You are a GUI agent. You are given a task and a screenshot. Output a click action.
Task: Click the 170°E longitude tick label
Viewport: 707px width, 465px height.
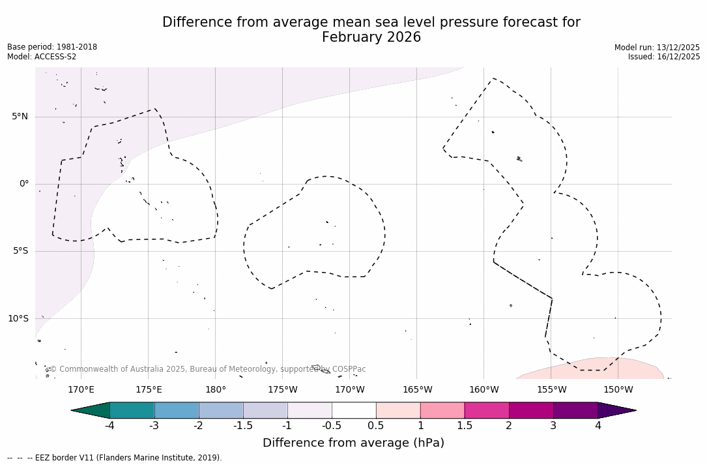tap(81, 390)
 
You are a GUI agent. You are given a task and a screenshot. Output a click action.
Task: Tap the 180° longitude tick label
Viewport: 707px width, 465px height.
tap(216, 390)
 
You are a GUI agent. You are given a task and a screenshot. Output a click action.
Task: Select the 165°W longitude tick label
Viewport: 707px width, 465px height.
tap(417, 390)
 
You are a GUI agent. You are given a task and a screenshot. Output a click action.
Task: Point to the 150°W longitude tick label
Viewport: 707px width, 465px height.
tap(618, 390)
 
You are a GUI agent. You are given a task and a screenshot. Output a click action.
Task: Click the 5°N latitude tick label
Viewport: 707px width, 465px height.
tap(20, 117)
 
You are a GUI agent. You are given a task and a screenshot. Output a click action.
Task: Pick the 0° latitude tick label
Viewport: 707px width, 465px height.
tap(23, 184)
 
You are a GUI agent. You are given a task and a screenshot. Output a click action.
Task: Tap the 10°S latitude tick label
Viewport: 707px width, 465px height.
tap(18, 318)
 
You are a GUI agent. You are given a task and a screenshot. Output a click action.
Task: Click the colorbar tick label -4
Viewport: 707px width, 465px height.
tap(110, 426)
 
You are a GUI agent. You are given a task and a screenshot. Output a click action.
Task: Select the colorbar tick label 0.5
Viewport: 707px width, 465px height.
tap(376, 426)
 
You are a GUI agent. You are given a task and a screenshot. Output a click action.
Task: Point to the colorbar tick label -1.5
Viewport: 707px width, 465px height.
tap(243, 426)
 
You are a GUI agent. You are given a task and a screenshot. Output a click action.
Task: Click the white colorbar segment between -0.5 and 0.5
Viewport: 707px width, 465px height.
tap(354, 410)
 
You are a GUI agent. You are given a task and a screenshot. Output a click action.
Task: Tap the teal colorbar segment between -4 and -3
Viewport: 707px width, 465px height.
tap(132, 410)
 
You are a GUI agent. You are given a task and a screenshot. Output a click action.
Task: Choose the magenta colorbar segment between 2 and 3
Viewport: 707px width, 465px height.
tap(531, 410)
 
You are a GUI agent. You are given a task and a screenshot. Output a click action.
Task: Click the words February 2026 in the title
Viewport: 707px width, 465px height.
tap(371, 38)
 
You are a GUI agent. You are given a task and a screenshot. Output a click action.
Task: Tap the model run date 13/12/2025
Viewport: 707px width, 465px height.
tap(678, 48)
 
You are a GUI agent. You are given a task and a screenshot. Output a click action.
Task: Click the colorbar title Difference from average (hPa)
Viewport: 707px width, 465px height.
tap(353, 443)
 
